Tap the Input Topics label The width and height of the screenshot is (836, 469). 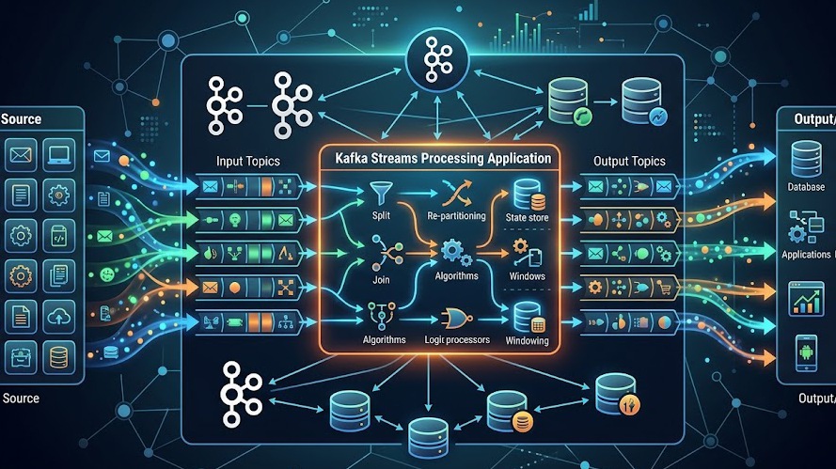tap(247, 161)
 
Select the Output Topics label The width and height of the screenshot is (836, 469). tap(629, 161)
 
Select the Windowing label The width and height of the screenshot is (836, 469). tap(527, 340)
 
